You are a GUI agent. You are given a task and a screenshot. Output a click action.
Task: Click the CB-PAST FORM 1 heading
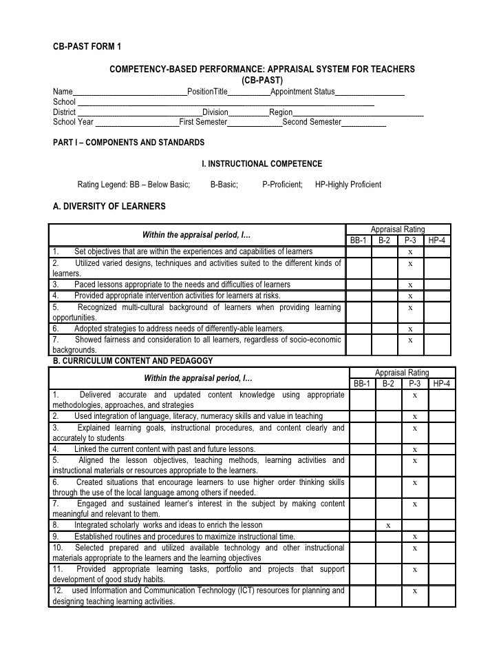pyautogui.click(x=87, y=48)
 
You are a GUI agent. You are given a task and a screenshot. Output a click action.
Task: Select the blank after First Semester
pyautogui.click(x=255, y=123)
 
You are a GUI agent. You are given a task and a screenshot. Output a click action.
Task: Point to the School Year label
pyautogui.click(x=73, y=122)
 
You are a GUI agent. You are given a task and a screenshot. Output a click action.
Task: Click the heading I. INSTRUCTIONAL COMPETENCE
pyautogui.click(x=261, y=164)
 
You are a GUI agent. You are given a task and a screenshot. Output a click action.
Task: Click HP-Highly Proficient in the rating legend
pyautogui.click(x=348, y=185)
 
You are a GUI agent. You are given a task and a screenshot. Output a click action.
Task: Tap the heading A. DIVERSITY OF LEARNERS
pyautogui.click(x=109, y=206)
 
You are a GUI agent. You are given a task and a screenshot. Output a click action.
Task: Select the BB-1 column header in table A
pyautogui.click(x=359, y=240)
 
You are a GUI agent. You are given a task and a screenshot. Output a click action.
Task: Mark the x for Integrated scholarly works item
pyautogui.click(x=388, y=525)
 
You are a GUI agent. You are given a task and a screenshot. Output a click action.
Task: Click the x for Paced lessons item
pyautogui.click(x=410, y=285)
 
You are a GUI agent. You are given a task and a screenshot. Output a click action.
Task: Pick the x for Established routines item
pyautogui.click(x=414, y=536)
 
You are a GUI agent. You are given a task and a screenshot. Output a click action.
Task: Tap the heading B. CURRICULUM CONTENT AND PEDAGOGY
pyautogui.click(x=133, y=361)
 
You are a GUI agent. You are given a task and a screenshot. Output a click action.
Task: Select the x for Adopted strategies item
pyautogui.click(x=410, y=329)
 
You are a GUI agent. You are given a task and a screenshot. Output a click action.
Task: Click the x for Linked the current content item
pyautogui.click(x=414, y=449)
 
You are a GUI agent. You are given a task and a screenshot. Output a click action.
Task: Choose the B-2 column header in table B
pyautogui.click(x=388, y=383)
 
